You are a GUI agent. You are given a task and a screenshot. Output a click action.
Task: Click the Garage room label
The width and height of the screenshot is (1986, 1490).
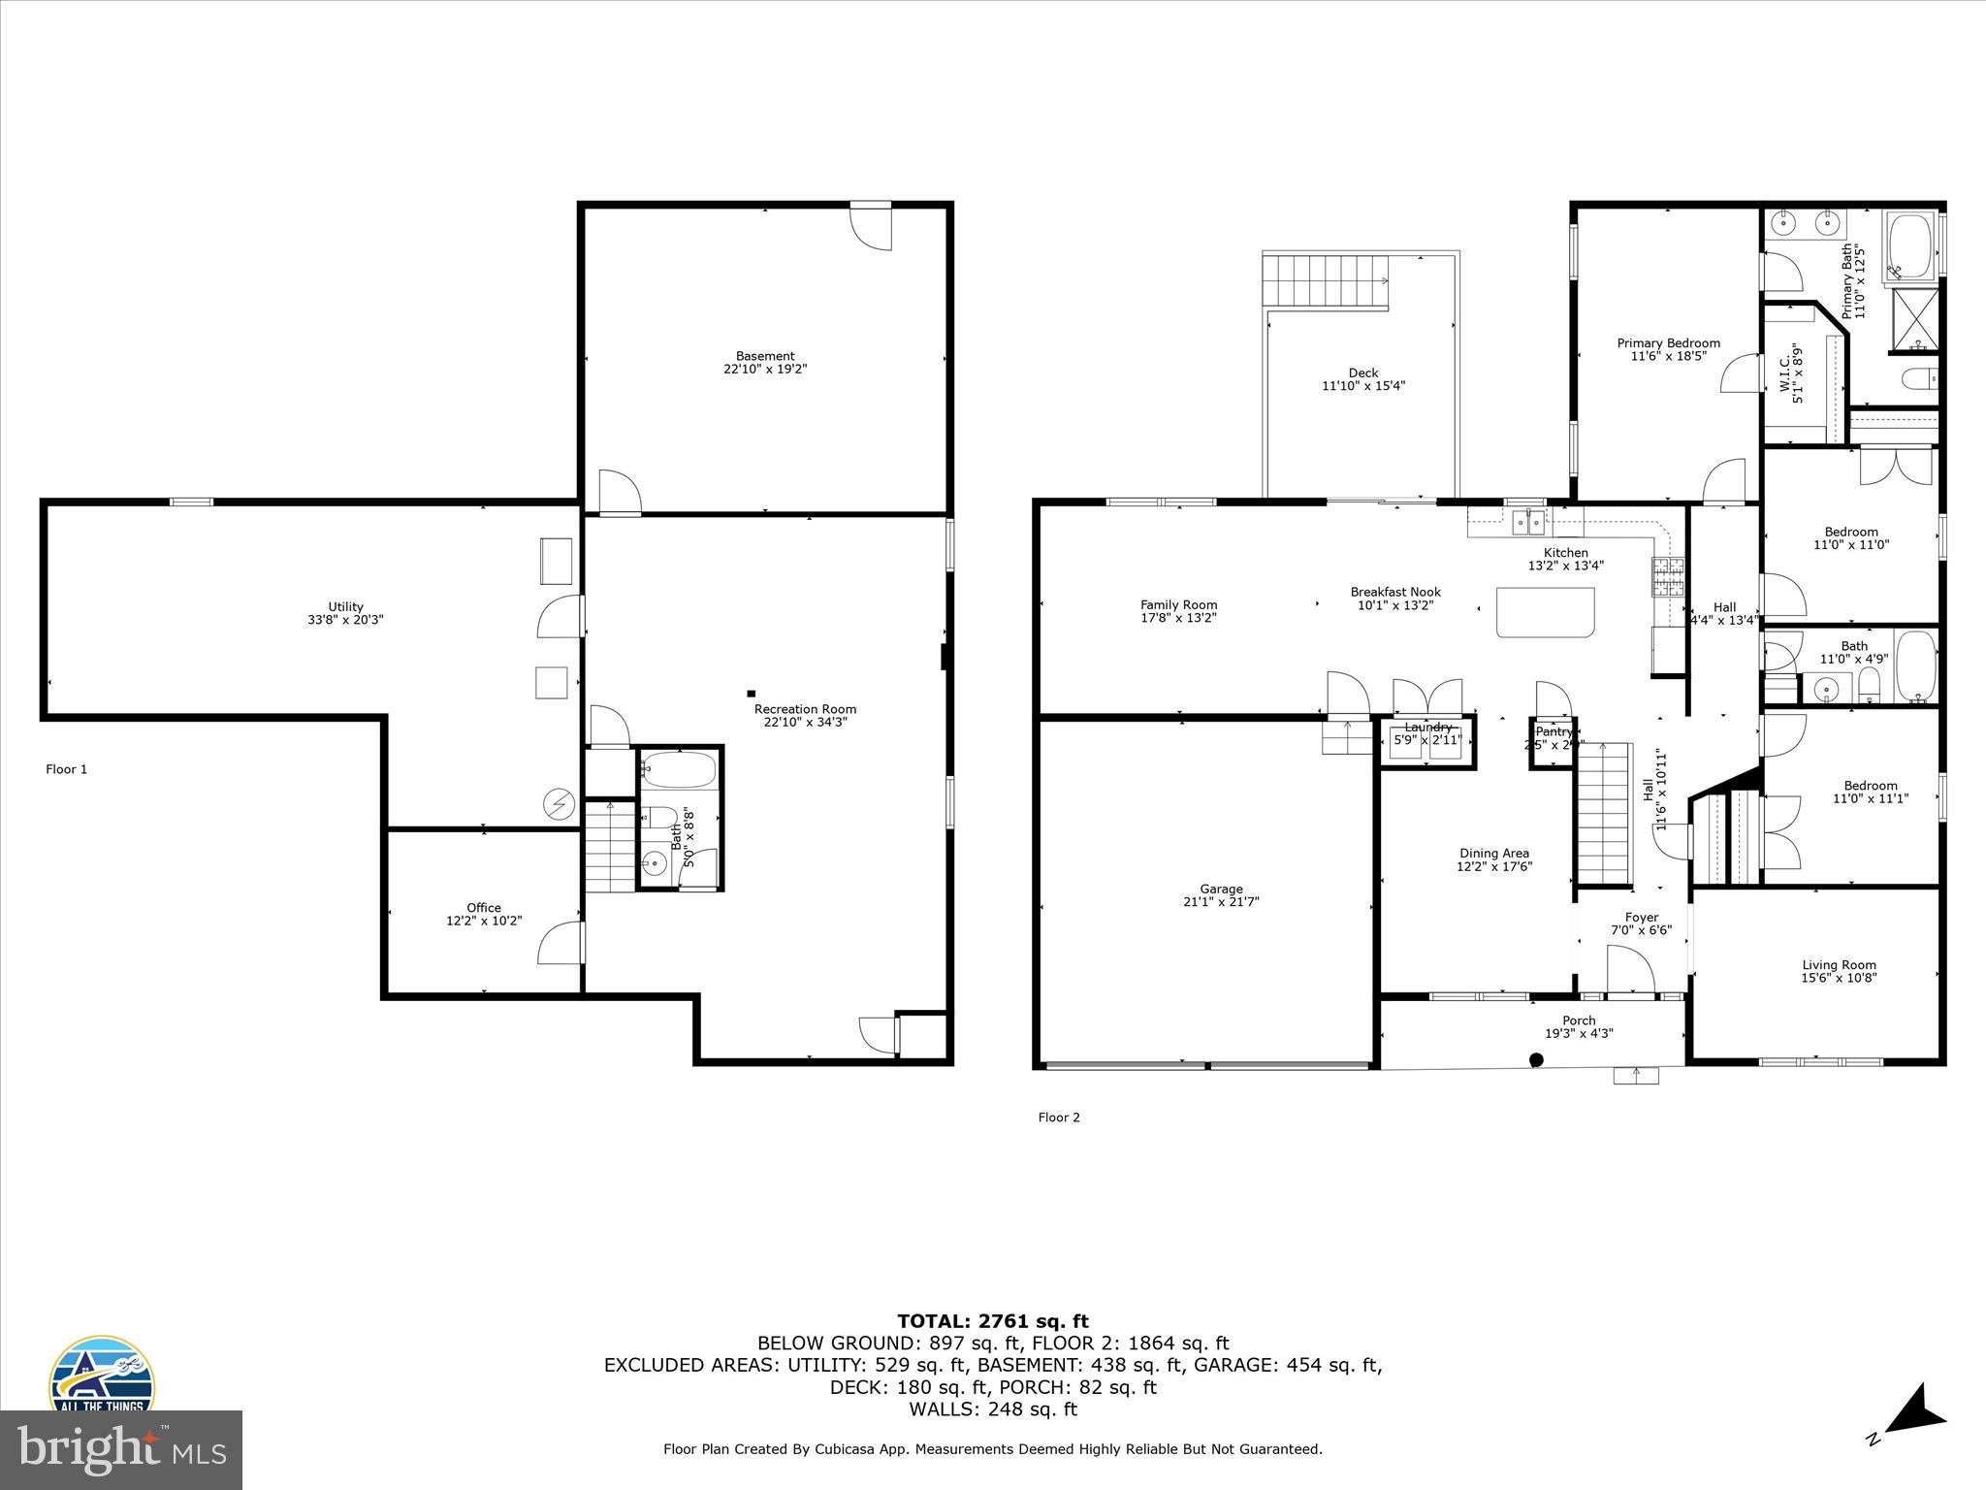[1221, 889]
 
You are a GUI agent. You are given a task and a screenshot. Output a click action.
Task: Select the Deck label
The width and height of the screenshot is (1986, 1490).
[1362, 373]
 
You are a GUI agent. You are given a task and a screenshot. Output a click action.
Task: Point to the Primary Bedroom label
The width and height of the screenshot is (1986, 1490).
[1668, 343]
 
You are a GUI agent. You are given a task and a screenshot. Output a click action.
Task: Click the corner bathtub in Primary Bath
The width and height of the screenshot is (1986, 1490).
[1908, 246]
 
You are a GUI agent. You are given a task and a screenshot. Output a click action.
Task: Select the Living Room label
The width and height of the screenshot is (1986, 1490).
[1839, 965]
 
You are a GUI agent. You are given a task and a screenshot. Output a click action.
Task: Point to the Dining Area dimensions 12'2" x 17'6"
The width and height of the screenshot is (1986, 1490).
[1493, 867]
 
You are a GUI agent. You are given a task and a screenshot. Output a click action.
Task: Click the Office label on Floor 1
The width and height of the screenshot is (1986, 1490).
[484, 908]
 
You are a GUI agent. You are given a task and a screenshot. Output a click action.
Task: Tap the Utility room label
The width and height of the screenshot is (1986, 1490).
[345, 607]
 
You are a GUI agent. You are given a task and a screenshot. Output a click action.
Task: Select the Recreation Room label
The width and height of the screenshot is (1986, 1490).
[805, 709]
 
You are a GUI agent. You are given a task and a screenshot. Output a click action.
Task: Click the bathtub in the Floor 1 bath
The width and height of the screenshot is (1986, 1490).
[679, 771]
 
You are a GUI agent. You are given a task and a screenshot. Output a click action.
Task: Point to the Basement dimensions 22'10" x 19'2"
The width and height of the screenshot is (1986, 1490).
[764, 370]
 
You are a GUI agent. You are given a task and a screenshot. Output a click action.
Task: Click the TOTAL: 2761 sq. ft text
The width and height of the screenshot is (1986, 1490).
[992, 1321]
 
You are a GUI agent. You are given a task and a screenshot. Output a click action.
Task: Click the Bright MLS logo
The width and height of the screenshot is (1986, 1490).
[121, 1449]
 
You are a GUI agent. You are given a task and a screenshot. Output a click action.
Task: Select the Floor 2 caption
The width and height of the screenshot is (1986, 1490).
[1058, 1117]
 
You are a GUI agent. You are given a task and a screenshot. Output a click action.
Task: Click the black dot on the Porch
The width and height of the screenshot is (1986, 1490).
[1536, 1060]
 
